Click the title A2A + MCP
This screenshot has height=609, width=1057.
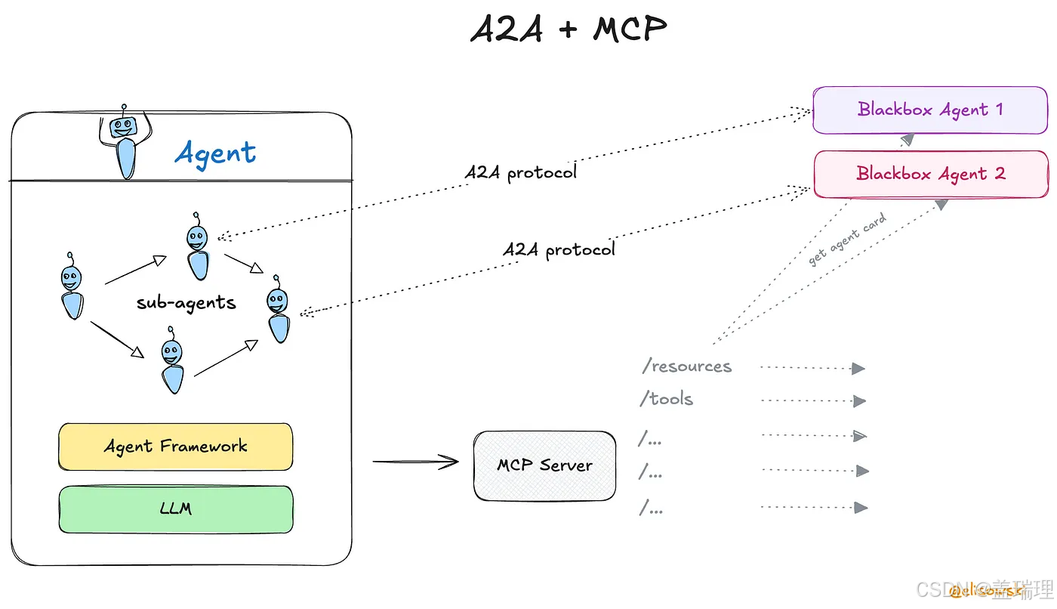[569, 29]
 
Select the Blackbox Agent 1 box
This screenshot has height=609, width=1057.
[929, 110]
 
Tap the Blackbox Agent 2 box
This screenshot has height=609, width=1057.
[929, 175]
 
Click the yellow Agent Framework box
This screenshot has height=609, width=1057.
[175, 447]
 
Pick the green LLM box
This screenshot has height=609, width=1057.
[175, 509]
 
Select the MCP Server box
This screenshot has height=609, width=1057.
[544, 465]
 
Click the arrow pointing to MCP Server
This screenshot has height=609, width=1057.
[416, 462]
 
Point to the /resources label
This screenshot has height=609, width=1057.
[687, 366]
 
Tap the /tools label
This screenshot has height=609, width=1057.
[666, 399]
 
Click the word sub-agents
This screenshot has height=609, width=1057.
[186, 303]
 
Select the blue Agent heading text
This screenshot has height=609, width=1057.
[215, 153]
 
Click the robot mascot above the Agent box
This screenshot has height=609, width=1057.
[123, 144]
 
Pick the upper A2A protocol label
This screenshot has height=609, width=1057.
[520, 172]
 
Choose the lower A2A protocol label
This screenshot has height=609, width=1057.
[559, 249]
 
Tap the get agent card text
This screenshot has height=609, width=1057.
[847, 240]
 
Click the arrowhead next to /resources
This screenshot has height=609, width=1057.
[858, 369]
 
